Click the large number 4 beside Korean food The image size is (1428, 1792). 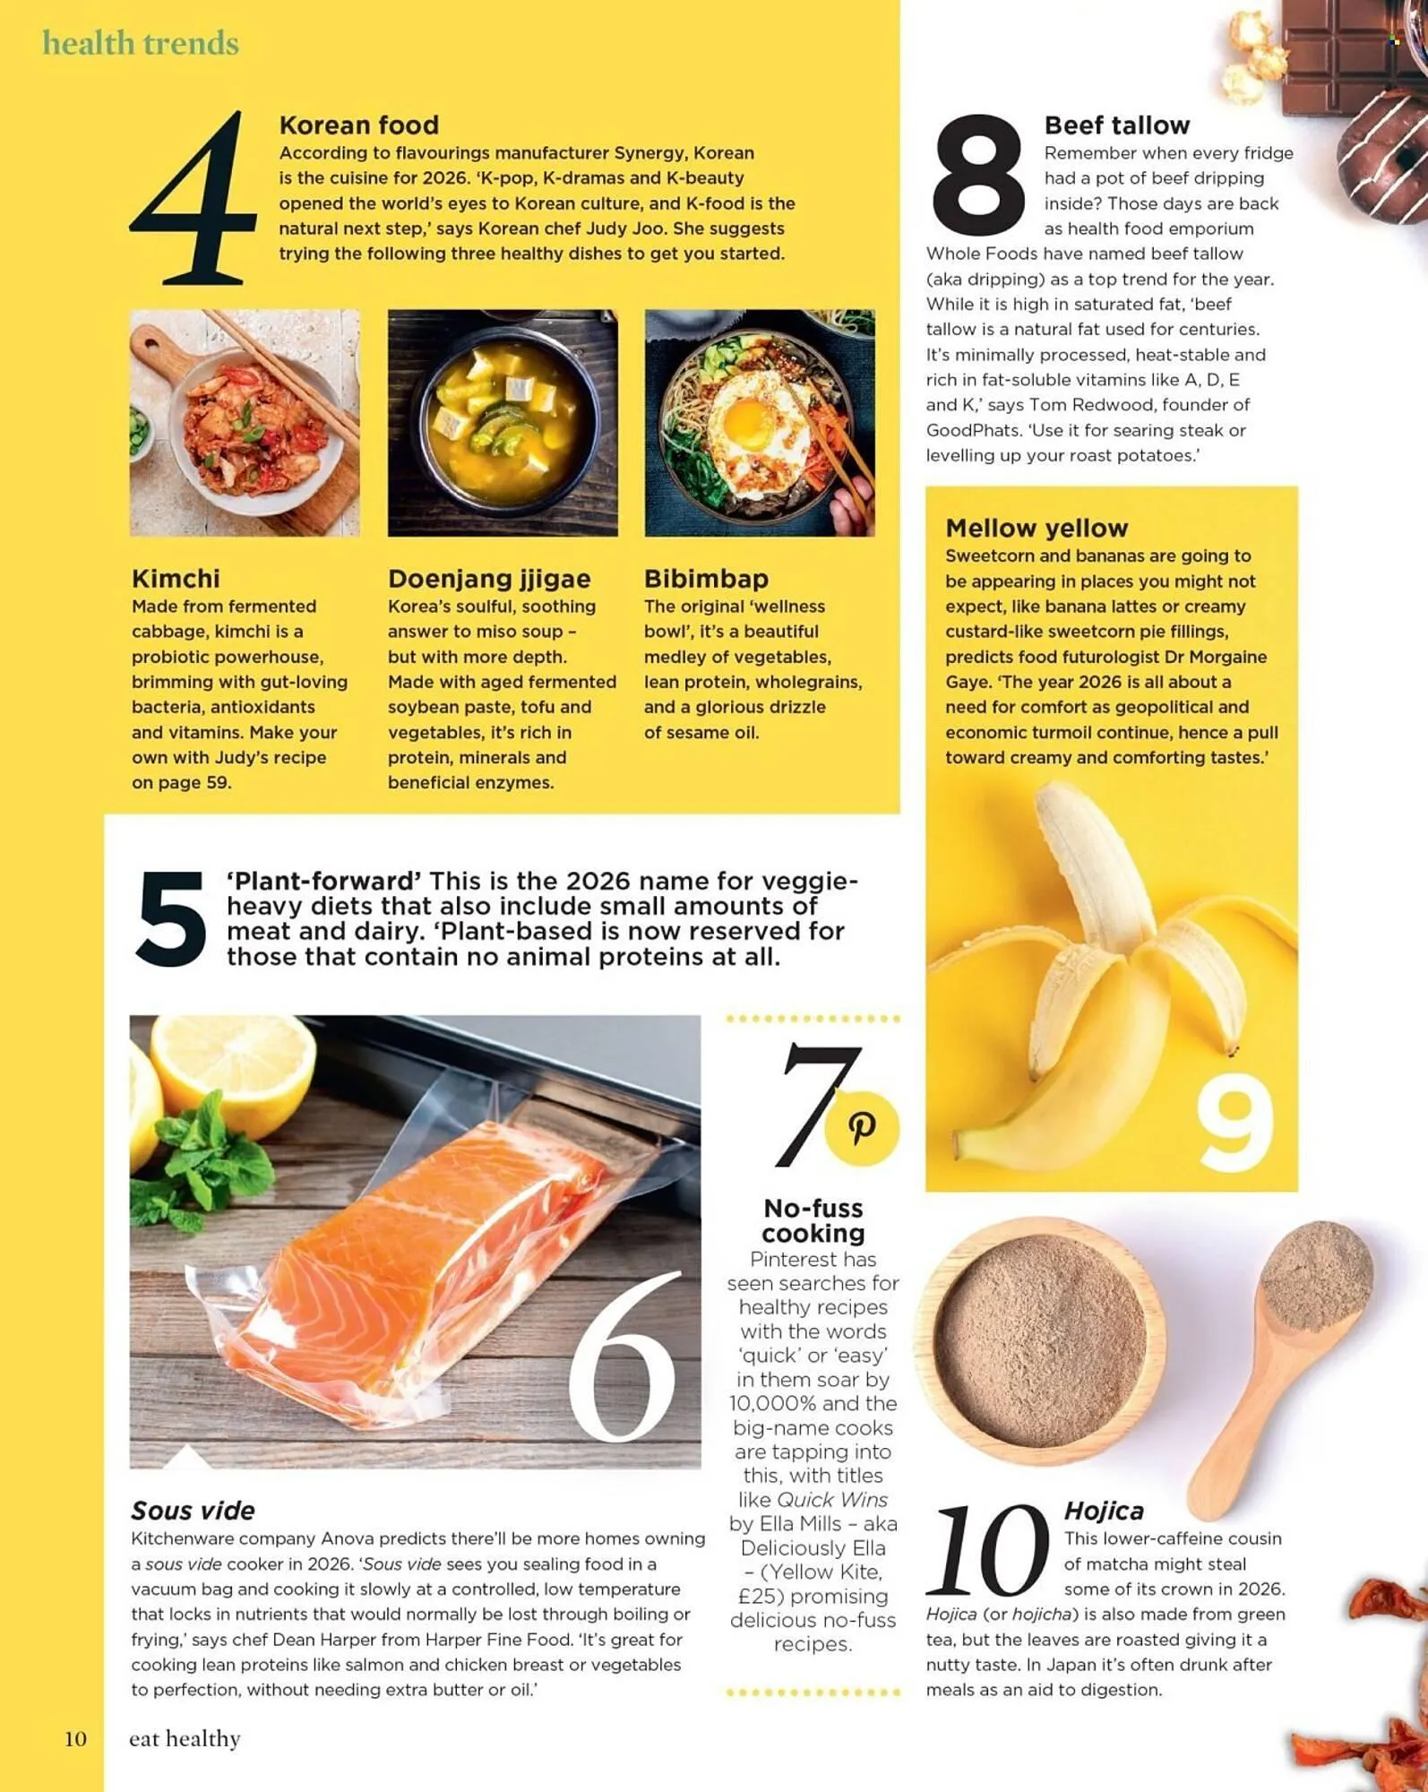pos(194,199)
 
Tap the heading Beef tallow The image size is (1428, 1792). pos(1116,125)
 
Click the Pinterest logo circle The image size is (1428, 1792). pos(861,1128)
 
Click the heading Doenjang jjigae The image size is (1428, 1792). pos(489,579)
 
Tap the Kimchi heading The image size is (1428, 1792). pos(176,579)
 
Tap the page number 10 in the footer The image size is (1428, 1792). pos(75,1739)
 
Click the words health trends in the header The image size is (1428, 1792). pos(141,43)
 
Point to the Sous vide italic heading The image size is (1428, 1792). pos(193,1511)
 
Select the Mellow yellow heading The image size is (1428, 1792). pos(1037,529)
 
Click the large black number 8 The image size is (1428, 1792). pos(976,177)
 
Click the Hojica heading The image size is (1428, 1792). pos(1104,1511)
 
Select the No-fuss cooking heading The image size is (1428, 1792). pos(813,1220)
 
